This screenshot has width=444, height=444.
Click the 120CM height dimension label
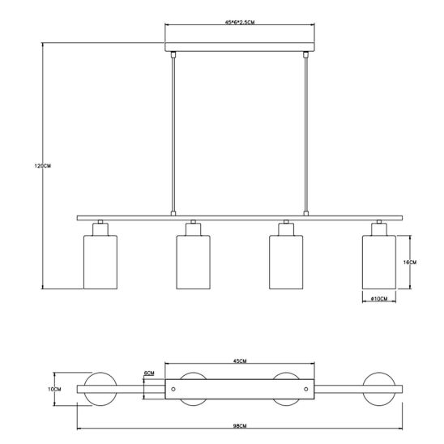(x=43, y=166)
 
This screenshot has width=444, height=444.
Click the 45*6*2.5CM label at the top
(x=240, y=23)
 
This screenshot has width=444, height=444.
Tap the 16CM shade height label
(x=410, y=263)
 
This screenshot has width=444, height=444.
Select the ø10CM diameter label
(x=379, y=298)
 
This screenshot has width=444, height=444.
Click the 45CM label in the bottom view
(x=240, y=361)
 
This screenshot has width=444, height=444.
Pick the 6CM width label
(x=149, y=374)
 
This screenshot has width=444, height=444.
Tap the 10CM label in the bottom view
(x=54, y=390)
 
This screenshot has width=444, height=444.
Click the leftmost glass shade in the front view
(x=100, y=262)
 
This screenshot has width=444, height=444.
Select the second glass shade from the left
(x=193, y=262)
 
